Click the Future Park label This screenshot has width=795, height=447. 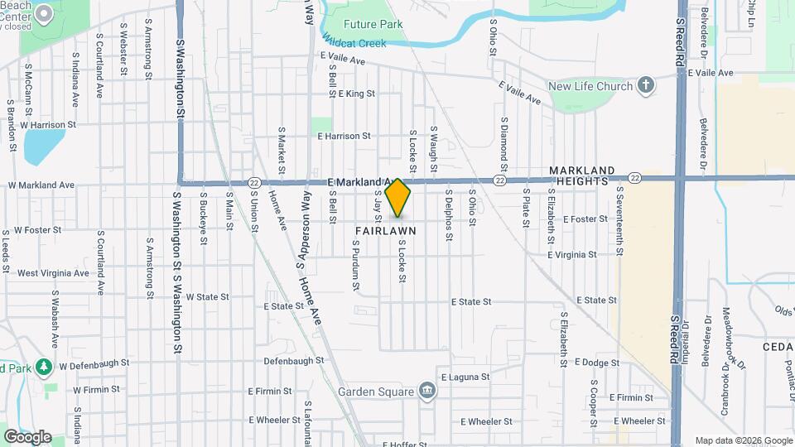(x=373, y=24)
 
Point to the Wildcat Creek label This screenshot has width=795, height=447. (x=354, y=41)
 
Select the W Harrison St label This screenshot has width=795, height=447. (x=48, y=125)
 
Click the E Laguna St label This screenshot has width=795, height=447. (x=465, y=377)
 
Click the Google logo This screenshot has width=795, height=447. (x=26, y=436)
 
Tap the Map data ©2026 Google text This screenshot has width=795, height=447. (x=743, y=440)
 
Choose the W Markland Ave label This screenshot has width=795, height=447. (x=41, y=185)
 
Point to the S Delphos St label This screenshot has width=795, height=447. (x=448, y=215)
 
